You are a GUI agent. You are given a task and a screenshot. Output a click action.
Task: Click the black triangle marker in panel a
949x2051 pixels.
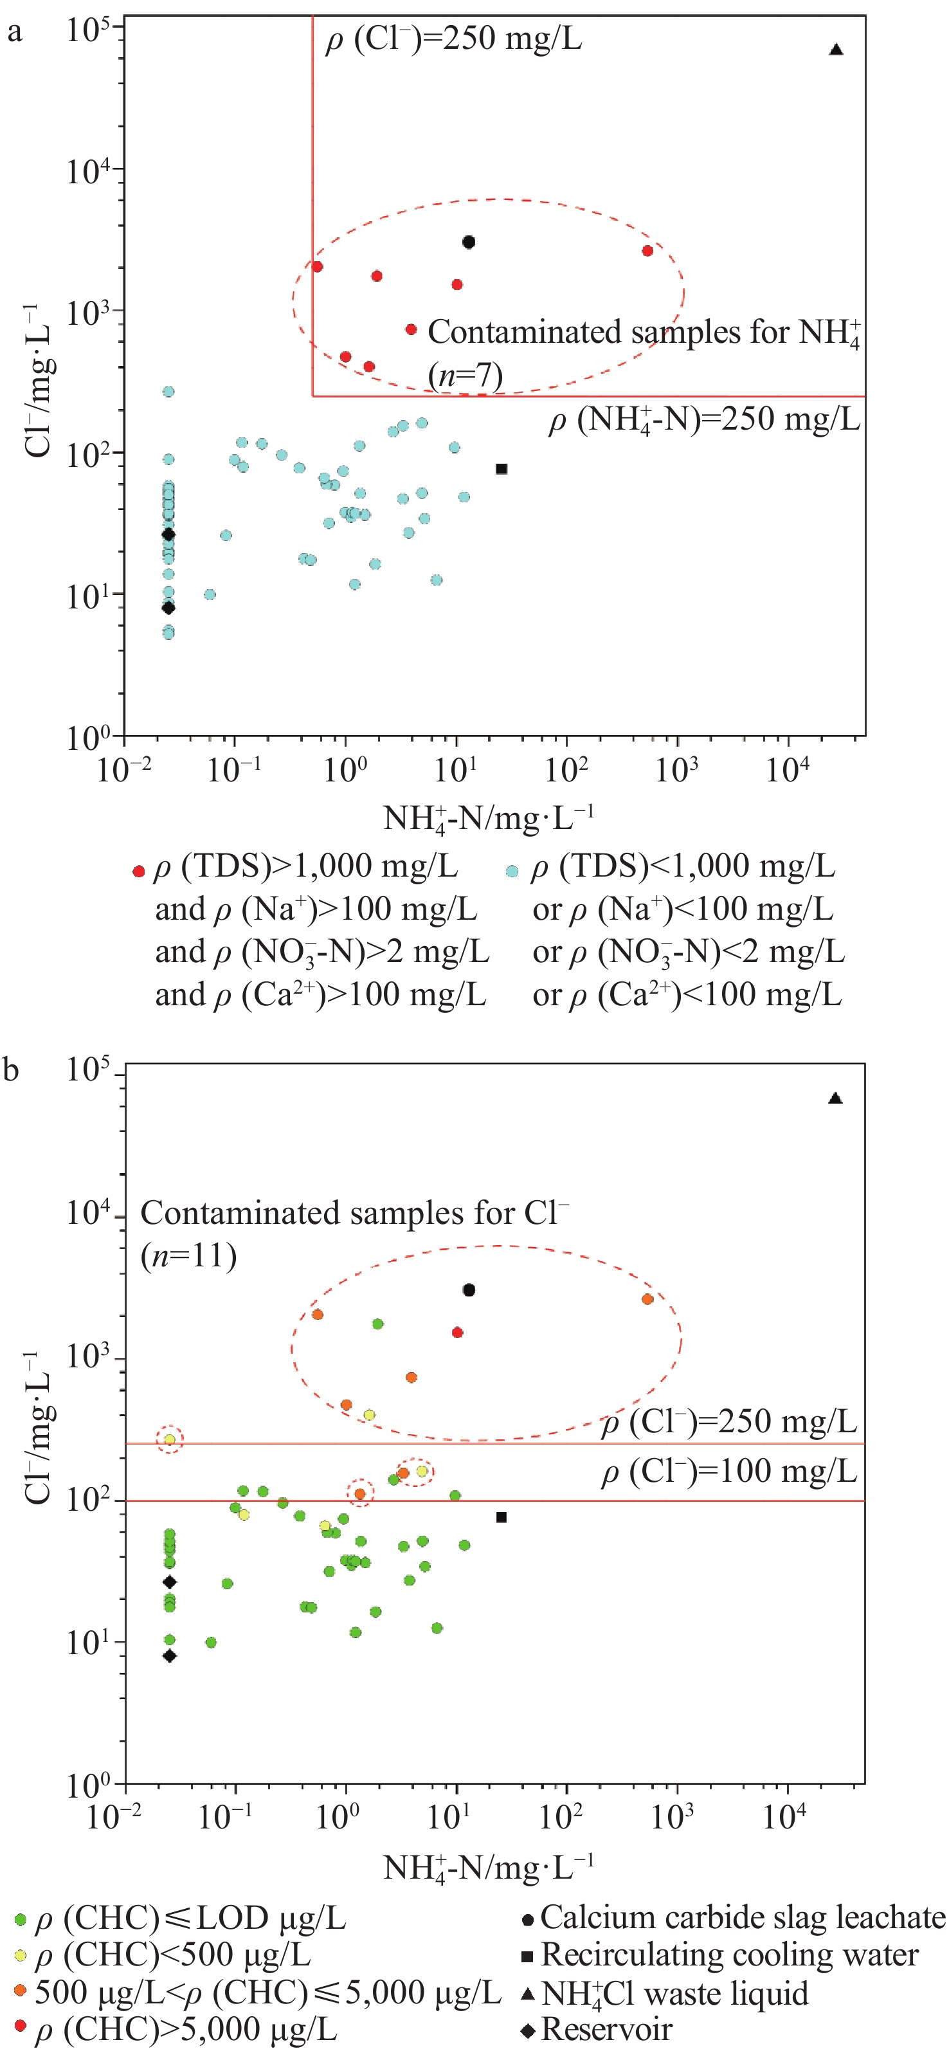click(836, 50)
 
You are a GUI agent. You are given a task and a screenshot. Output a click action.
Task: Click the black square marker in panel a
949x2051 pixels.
click(502, 469)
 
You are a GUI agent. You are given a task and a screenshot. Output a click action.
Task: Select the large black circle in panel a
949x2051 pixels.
click(469, 242)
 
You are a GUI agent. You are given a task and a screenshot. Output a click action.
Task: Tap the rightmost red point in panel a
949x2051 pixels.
click(647, 251)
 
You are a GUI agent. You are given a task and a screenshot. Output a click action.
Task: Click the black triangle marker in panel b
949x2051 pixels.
click(835, 1098)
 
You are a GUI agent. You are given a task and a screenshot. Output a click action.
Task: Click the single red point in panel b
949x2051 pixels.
click(458, 1333)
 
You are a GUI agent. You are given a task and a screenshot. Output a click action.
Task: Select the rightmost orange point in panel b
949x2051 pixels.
click(647, 1299)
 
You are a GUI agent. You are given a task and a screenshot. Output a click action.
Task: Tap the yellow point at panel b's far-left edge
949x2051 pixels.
click(170, 1439)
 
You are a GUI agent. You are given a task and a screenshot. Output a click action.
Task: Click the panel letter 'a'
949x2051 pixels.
click(14, 33)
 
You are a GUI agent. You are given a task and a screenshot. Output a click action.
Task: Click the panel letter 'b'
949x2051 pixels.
click(11, 1070)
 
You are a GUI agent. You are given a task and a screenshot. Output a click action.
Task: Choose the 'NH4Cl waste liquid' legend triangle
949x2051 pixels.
click(527, 1994)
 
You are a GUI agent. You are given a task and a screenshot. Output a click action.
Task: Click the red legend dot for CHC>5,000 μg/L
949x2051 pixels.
click(20, 2025)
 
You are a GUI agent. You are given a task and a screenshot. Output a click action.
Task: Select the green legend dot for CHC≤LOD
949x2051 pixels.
click(20, 1920)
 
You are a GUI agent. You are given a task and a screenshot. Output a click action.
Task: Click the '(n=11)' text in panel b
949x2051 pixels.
click(188, 1257)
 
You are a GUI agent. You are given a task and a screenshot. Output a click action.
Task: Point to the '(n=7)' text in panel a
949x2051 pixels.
click(465, 374)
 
